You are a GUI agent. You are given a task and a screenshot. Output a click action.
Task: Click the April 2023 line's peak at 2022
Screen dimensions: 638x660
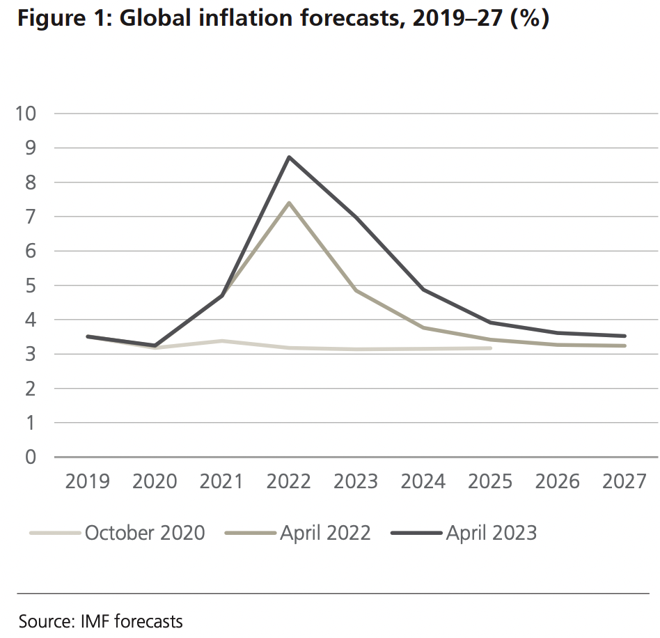point(289,157)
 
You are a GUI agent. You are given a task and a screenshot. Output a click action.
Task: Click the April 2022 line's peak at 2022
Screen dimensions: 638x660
point(289,203)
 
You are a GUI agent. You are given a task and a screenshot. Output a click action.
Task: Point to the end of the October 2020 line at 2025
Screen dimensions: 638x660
point(491,348)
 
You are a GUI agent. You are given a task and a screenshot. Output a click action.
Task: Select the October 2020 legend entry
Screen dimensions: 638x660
point(145,533)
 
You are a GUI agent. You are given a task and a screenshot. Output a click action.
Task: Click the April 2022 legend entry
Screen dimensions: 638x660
point(325,533)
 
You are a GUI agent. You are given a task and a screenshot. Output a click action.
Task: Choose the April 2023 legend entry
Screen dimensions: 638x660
point(492,533)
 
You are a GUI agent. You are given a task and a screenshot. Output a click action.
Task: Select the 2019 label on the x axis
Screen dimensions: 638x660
point(88,481)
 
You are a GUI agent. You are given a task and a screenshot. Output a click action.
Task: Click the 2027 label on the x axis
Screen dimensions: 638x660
point(624,481)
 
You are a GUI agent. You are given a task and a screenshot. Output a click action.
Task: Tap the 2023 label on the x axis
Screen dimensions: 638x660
point(356,481)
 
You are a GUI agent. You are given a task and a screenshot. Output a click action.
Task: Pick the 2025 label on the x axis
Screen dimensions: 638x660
point(490,481)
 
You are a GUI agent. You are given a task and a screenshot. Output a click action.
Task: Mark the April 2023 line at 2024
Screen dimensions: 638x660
point(423,289)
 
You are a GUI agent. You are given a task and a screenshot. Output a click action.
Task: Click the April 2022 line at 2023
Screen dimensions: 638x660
point(356,290)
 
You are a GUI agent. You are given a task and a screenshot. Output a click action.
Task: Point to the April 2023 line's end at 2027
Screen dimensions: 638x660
point(624,336)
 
